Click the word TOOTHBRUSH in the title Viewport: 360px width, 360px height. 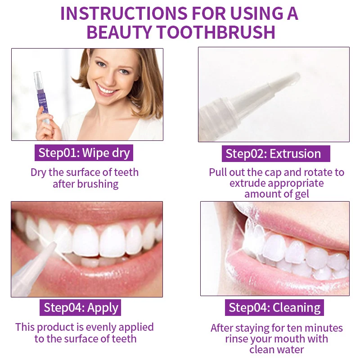(216, 32)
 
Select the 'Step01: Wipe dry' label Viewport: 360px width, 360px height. (84, 153)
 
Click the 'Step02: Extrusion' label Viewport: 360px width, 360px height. (276, 153)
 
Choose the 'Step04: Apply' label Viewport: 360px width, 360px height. (81, 307)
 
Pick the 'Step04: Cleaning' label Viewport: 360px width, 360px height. (274, 307)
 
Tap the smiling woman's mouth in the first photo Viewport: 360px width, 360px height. (106, 89)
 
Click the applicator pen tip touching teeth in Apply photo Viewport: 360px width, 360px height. (52, 246)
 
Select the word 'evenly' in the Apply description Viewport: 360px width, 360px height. (102, 328)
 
